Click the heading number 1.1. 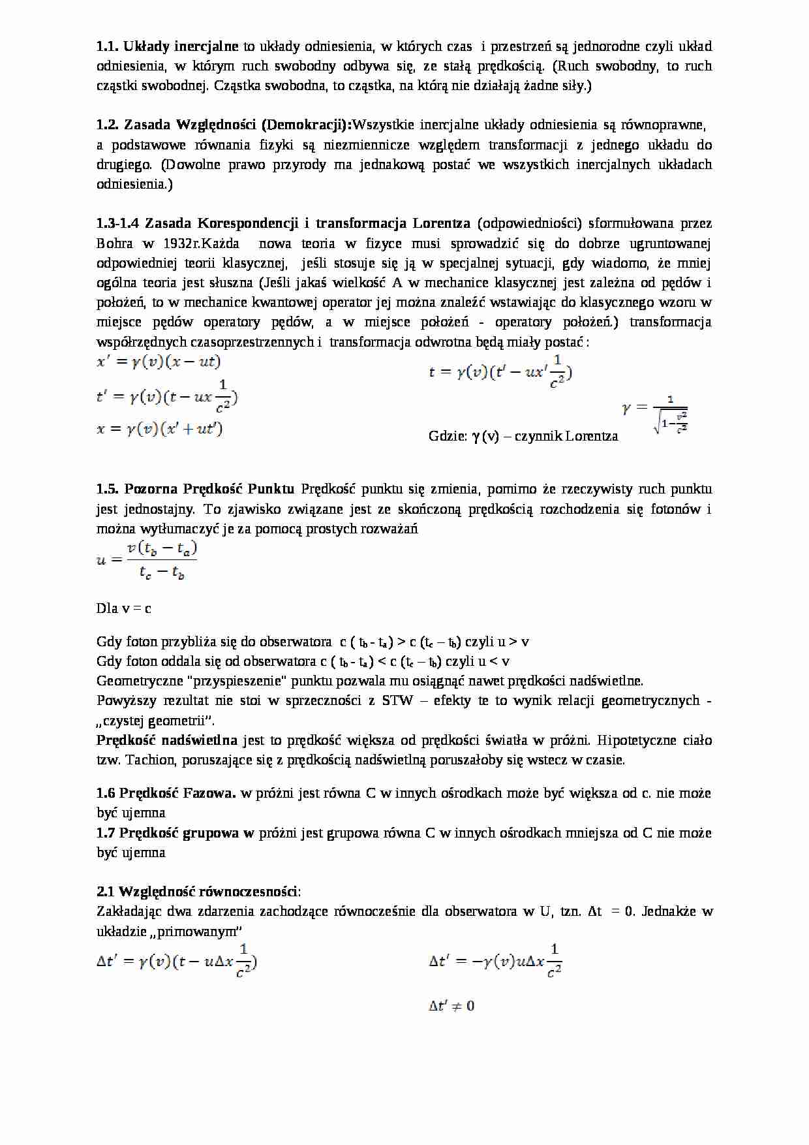point(107,46)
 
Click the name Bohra point(115,243)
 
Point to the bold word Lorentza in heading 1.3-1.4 point(441,223)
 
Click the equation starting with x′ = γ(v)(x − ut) point(159,362)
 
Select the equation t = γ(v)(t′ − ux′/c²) point(500,373)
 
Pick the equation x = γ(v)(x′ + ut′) point(160,430)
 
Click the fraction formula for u point(147,560)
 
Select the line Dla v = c point(124,608)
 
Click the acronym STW point(398,700)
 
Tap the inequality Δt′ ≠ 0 point(451,1006)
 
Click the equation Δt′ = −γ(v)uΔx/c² point(495,962)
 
